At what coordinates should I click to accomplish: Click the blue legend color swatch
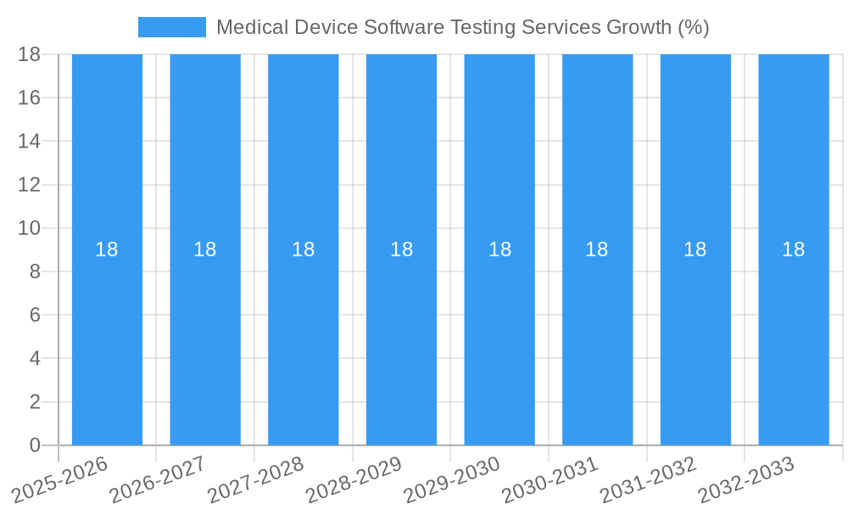(171, 27)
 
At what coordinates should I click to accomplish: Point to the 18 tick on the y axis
(30, 54)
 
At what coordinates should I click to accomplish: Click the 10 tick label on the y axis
(30, 228)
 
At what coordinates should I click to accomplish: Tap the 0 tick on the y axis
(35, 445)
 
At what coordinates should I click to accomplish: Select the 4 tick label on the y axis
(35, 358)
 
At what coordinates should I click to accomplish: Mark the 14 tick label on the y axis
(30, 141)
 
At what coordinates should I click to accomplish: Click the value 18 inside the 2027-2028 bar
(303, 249)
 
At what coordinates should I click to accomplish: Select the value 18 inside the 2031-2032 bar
(695, 249)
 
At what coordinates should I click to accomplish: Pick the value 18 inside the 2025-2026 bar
(107, 249)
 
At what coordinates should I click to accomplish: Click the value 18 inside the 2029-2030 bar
(499, 249)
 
